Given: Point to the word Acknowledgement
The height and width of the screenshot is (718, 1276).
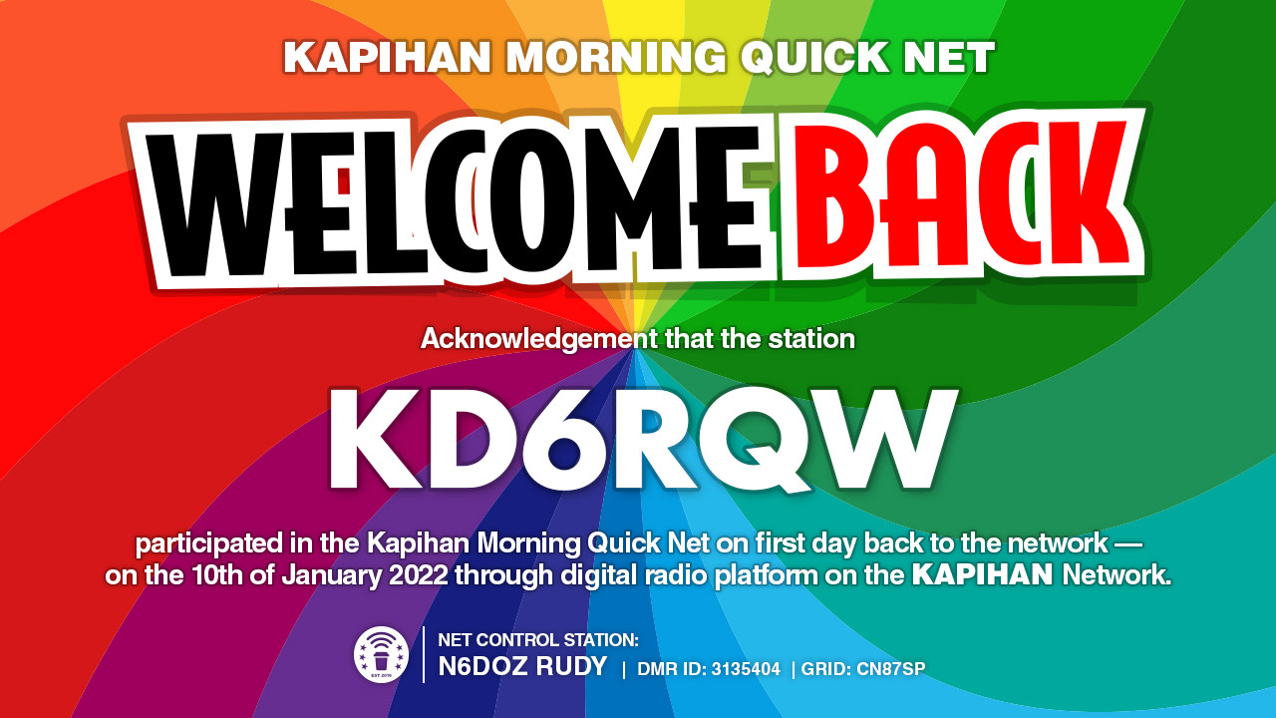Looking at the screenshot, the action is pos(539,340).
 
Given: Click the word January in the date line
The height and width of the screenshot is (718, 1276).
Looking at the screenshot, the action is pos(331,575).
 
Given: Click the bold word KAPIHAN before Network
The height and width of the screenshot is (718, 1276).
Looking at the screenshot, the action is pos(982,575).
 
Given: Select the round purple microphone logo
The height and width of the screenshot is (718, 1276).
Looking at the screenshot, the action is pos(381,654).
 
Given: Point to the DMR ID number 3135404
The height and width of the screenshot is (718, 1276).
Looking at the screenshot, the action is pos(746,669).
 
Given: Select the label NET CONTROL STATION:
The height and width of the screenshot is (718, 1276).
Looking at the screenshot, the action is pos(538,640).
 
